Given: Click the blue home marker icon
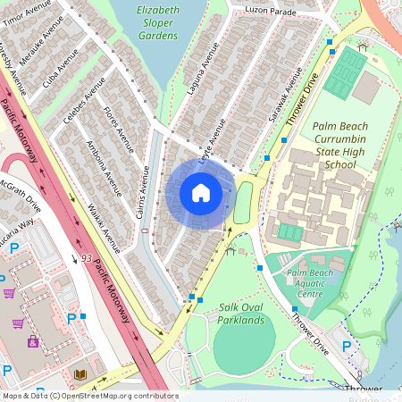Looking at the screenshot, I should pos(201,193).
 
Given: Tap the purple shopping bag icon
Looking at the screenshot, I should pos(33,340).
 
